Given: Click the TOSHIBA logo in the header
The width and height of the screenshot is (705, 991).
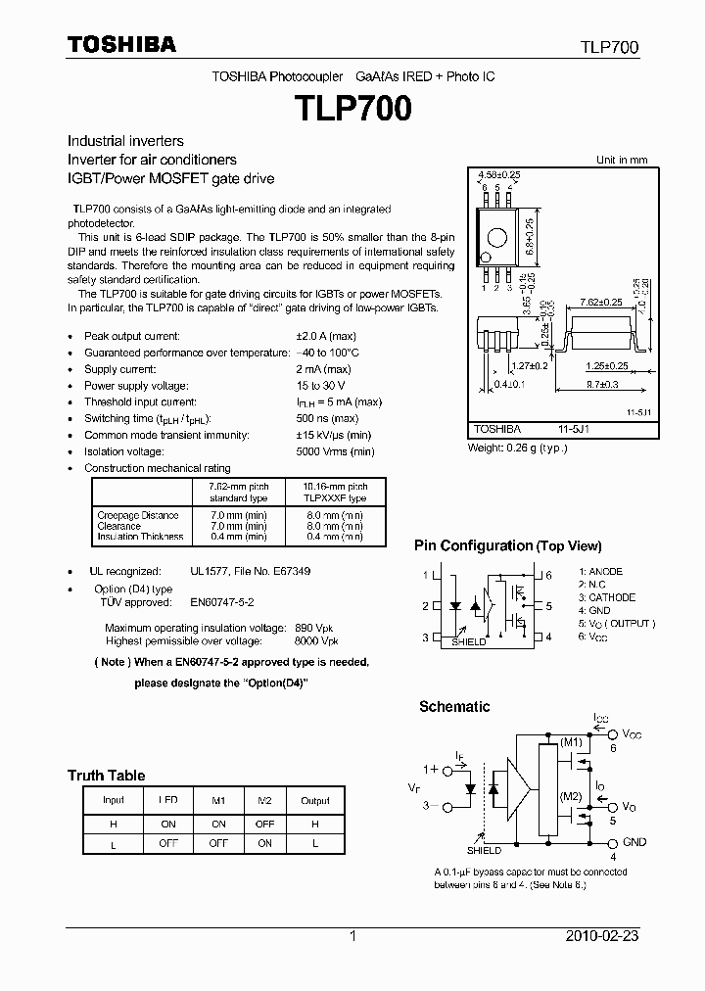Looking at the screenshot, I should pos(121,44).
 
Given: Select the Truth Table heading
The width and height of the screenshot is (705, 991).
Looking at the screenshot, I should pos(106,776).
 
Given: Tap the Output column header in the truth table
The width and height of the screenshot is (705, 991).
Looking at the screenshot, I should pos(315,800).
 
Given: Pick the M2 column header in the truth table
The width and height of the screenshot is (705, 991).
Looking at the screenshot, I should pos(264,800).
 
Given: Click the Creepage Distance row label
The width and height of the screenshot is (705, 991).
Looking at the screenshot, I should pos(138,515).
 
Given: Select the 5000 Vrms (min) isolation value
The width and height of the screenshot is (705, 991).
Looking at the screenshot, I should pos(335,451).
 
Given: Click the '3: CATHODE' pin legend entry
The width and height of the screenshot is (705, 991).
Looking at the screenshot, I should pos(606,597).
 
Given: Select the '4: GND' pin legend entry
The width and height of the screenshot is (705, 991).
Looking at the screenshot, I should pos(594,610).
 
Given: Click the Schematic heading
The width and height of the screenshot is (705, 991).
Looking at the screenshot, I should pos(454,706).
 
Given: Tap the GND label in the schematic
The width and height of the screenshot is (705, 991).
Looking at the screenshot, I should pos(634,842).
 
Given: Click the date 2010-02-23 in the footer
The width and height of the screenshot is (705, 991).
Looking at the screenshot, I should pos(602,936).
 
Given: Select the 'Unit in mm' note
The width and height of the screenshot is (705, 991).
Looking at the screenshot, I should pos(622,160).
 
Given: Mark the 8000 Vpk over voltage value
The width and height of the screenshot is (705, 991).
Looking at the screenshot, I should pos(317,640).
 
